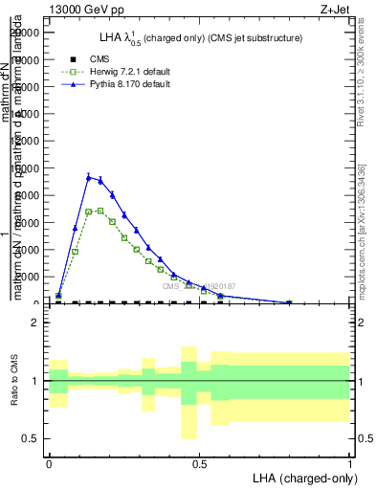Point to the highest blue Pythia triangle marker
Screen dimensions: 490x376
point(88,177)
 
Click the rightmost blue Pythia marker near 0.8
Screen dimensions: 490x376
point(289,302)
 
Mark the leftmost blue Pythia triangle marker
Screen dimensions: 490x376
point(59,295)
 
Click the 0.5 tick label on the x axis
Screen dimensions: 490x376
point(199,463)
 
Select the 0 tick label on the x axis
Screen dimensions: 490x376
point(49,463)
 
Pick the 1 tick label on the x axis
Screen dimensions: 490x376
point(350,463)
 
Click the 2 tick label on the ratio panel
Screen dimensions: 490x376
point(34,323)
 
